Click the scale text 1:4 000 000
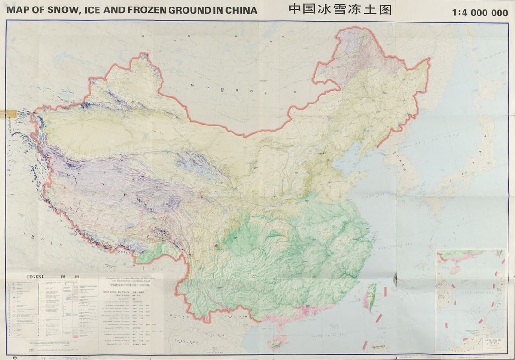(x=480, y=13)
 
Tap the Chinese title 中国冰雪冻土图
(x=340, y=9)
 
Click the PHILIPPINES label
(x=378, y=347)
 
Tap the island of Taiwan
(x=370, y=297)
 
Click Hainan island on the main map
(x=277, y=342)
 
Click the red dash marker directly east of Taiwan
(x=385, y=291)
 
